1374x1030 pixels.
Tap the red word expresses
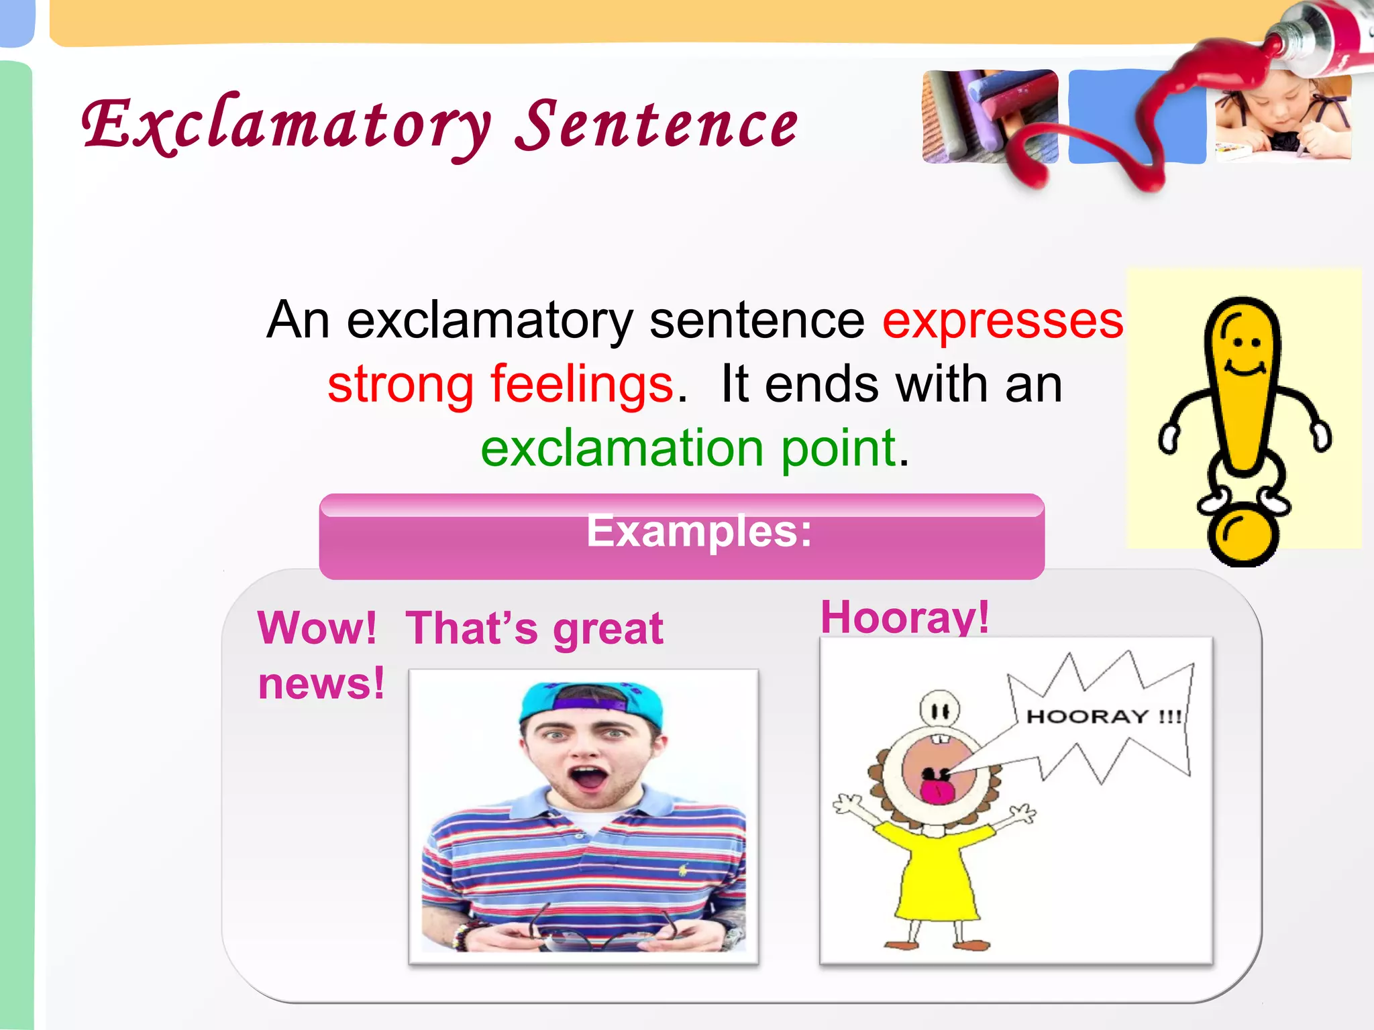(x=1002, y=321)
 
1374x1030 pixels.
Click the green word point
(x=839, y=448)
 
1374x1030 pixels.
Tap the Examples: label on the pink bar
(x=698, y=531)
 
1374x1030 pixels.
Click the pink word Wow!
(x=317, y=628)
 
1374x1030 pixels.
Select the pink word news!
(x=321, y=684)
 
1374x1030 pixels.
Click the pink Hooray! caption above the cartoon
(x=904, y=617)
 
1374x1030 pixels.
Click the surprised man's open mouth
(x=588, y=779)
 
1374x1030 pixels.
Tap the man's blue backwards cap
(x=590, y=701)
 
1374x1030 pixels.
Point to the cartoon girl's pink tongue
(x=936, y=791)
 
